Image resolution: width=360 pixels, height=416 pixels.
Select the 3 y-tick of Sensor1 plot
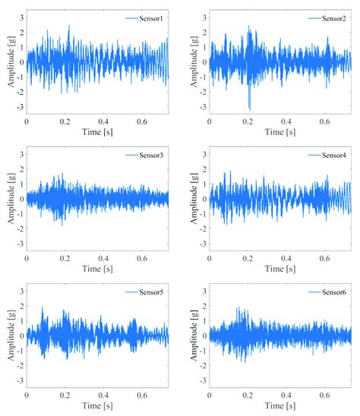point(21,15)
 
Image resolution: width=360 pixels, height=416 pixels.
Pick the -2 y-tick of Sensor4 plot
point(204,231)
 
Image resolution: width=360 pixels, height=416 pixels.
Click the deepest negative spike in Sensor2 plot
point(249,109)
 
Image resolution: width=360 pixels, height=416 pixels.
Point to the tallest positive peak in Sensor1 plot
point(69,26)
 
